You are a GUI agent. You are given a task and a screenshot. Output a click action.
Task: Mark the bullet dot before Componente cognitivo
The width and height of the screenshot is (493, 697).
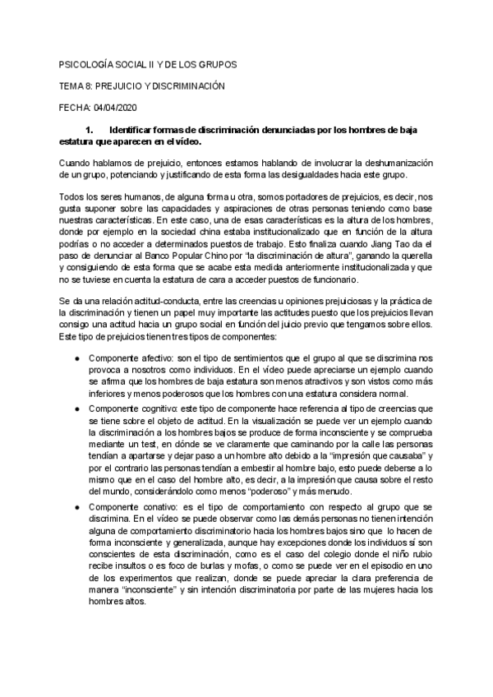(x=77, y=432)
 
